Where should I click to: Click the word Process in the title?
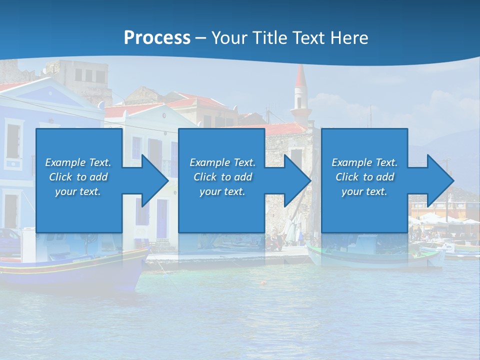[157, 38]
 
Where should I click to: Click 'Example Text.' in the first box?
[78, 162]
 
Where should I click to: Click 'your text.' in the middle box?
[222, 191]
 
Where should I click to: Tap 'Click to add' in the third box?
[364, 177]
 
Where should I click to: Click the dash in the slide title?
[201, 38]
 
